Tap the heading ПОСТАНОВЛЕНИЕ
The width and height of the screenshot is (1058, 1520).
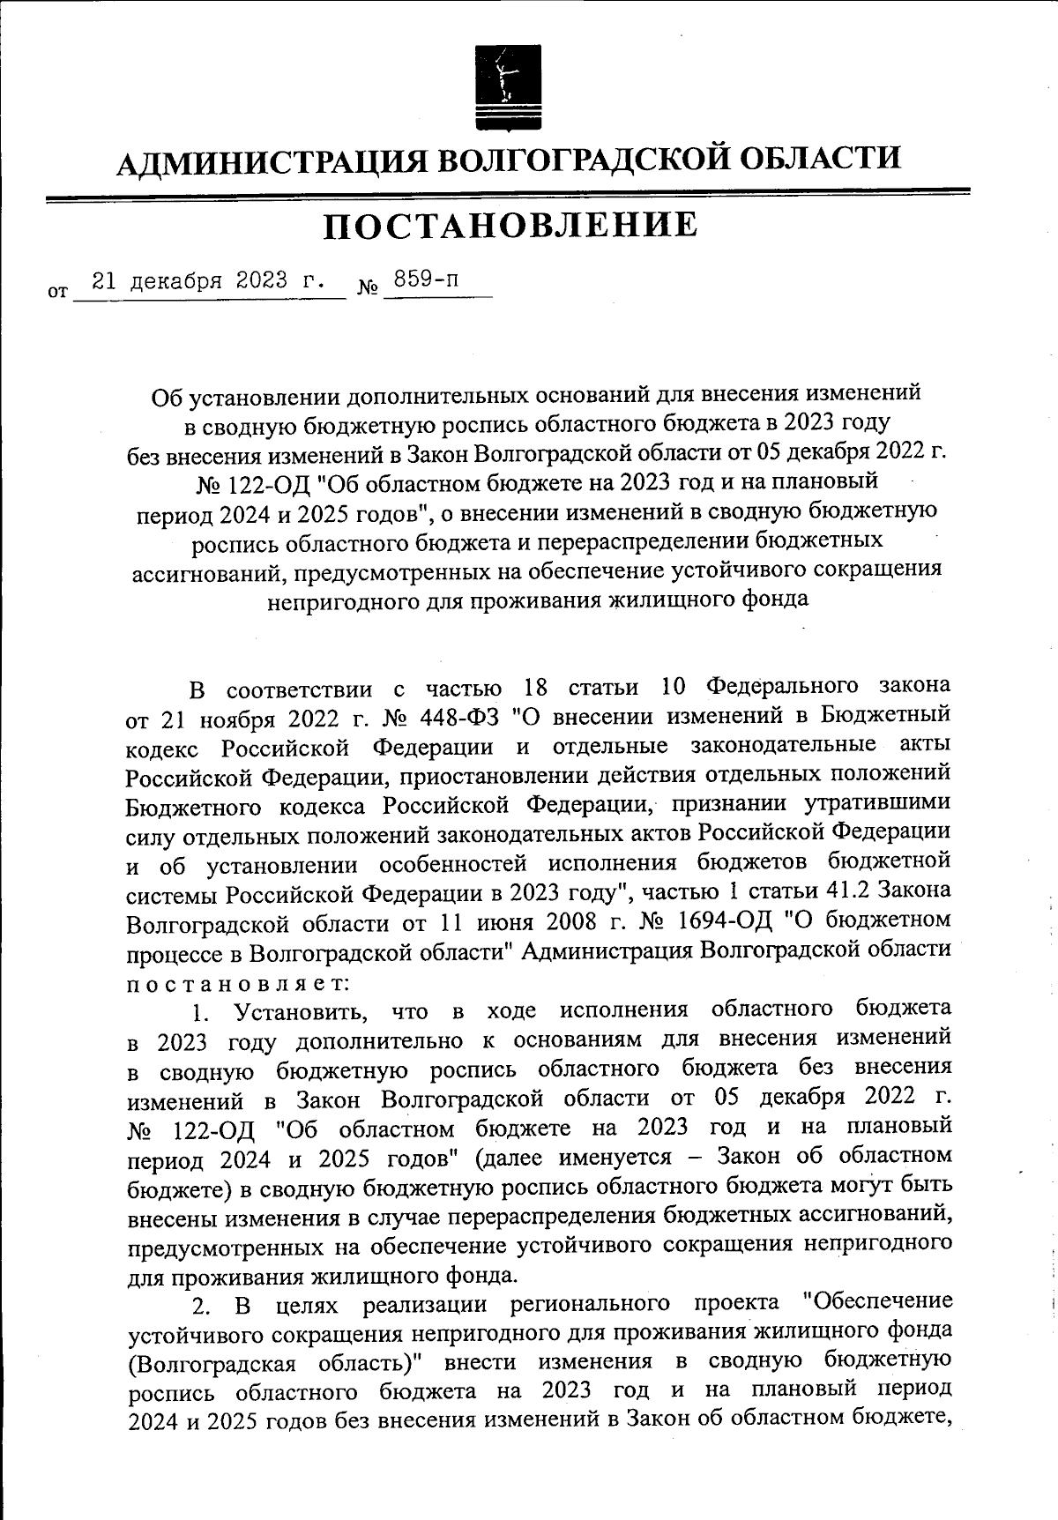click(x=510, y=226)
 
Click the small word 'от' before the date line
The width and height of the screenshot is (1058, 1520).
click(x=57, y=289)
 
